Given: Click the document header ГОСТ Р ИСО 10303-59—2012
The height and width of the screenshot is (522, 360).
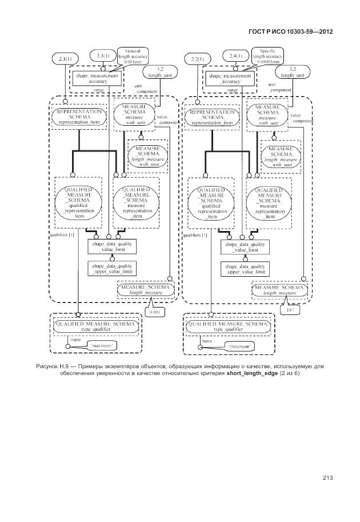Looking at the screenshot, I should pyautogui.click(x=291, y=33).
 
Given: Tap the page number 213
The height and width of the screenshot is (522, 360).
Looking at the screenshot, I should pyautogui.click(x=327, y=479).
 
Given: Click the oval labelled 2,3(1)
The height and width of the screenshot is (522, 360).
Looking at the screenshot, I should pyautogui.click(x=104, y=55).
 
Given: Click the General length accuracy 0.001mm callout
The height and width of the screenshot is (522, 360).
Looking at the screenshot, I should pyautogui.click(x=133, y=57).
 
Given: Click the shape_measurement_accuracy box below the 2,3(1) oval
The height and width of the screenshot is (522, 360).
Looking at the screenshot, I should pyautogui.click(x=98, y=78).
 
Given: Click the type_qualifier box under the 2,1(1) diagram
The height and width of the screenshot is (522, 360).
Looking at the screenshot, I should pyautogui.click(x=95, y=327).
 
